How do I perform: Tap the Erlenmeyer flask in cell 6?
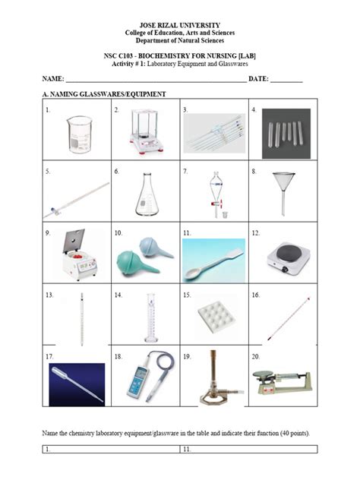(x=145, y=194)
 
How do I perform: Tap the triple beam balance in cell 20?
(x=283, y=378)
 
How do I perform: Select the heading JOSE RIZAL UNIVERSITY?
(x=180, y=25)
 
